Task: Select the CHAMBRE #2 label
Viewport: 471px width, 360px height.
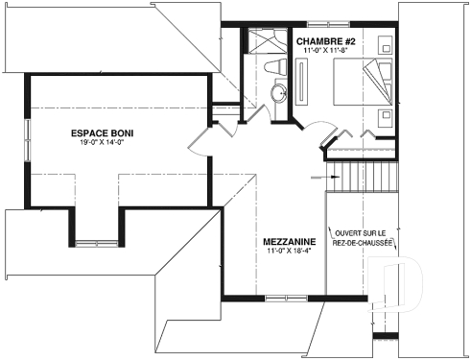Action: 327,41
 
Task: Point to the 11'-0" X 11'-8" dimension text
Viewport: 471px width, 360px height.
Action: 325,51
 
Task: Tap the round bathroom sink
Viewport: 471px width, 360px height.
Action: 279,94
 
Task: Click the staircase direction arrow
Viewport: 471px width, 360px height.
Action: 319,178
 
